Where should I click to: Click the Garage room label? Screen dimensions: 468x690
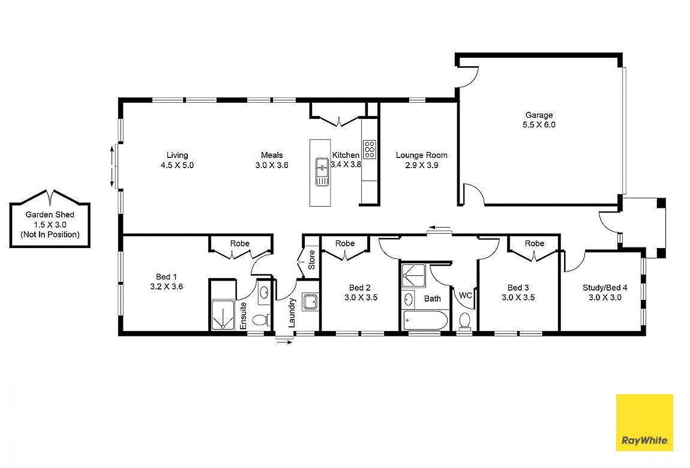click(539, 115)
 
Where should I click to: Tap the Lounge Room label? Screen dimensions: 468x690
click(421, 155)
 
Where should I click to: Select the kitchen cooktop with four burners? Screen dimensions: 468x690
click(370, 148)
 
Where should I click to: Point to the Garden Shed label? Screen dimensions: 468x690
click(50, 214)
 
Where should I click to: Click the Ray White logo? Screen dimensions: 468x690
click(644, 422)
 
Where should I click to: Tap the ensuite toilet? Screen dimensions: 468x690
click(260, 320)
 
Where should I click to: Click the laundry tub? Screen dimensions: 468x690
click(310, 301)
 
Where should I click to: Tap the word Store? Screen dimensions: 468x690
click(311, 263)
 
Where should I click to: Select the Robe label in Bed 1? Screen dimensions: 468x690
click(239, 243)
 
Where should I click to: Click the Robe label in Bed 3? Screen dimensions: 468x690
click(534, 243)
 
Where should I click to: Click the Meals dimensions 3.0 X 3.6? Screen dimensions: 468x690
click(271, 165)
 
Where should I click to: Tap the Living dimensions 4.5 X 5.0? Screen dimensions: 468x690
click(177, 165)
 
